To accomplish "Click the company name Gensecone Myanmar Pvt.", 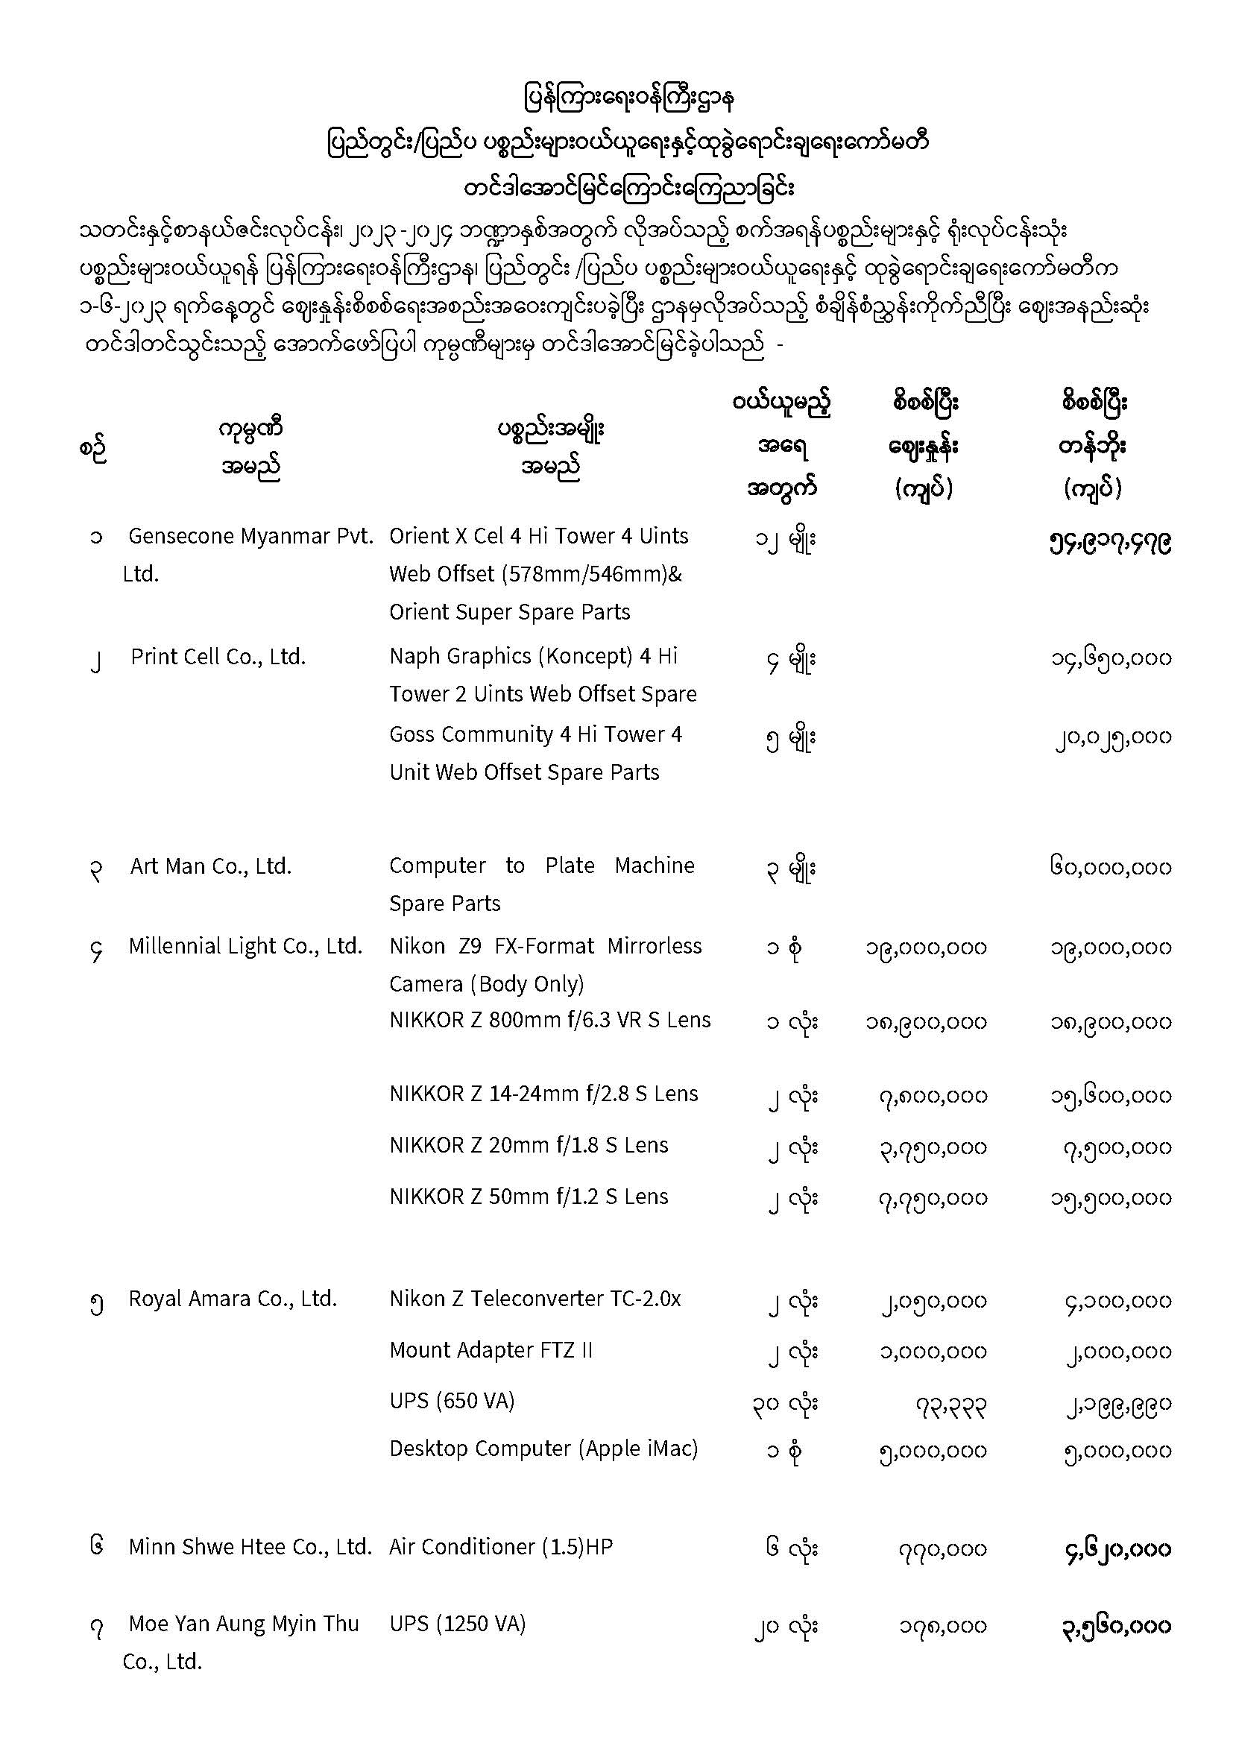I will pos(250,537).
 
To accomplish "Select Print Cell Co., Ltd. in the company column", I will pos(218,657).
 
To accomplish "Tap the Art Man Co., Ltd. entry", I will pos(211,866).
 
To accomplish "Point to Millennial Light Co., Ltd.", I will pos(245,946).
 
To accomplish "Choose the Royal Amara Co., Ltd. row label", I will pos(233,1299).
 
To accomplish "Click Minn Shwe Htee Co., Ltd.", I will pos(250,1547).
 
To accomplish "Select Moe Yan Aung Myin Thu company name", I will pos(243,1624).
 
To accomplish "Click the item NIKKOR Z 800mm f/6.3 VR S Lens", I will pos(549,1021).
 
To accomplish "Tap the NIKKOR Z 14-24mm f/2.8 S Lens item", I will pos(543,1094).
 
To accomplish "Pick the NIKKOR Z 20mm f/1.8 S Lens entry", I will pos(529,1146).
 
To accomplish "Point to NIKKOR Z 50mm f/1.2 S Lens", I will pos(529,1197).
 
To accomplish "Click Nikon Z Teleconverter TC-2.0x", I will pos(534,1299).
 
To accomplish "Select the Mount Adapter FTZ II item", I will pos(491,1351).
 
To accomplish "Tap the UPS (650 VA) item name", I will pos(452,1401).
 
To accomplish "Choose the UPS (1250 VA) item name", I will pos(457,1624).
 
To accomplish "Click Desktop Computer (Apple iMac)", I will pos(543,1449).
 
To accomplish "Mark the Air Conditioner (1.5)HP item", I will pos(500,1547).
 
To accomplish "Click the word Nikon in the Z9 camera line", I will pos(417,946).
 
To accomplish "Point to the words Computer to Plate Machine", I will pos(541,866).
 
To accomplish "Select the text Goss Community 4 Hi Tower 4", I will pos(535,734).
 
